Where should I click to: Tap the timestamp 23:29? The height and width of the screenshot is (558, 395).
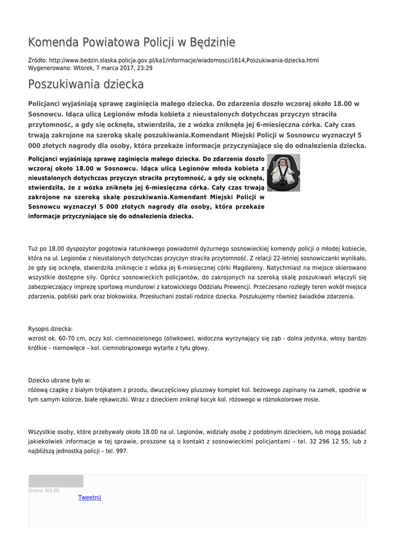click(x=144, y=68)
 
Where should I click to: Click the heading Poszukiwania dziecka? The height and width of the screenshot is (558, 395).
click(x=86, y=84)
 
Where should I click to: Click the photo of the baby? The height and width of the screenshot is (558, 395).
click(x=283, y=172)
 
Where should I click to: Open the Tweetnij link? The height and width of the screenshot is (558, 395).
click(x=90, y=497)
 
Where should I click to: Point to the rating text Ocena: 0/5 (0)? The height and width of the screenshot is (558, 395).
click(x=44, y=490)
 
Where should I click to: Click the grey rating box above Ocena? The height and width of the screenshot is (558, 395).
click(x=56, y=481)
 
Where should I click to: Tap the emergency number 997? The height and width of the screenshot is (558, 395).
click(x=121, y=451)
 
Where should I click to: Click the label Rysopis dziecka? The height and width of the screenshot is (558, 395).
click(x=50, y=329)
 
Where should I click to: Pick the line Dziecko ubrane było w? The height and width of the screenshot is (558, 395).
click(x=59, y=380)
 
